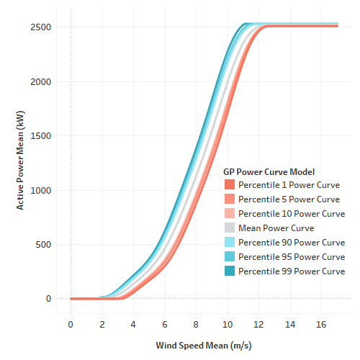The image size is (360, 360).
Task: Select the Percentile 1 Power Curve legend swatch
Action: pyautogui.click(x=230, y=184)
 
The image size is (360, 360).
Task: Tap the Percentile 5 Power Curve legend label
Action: pyautogui.click(x=289, y=199)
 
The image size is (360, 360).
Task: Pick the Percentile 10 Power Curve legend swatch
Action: pyautogui.click(x=230, y=213)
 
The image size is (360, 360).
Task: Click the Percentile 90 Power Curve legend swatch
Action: pyautogui.click(x=230, y=242)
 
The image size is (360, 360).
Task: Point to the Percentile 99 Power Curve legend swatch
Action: pyautogui.click(x=230, y=271)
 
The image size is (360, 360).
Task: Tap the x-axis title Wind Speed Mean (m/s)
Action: pyautogui.click(x=204, y=345)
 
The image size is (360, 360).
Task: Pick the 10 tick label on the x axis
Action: pyautogui.click(x=228, y=325)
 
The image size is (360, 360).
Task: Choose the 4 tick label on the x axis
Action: pyautogui.click(x=133, y=325)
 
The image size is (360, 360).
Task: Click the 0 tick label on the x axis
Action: pyautogui.click(x=71, y=325)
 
